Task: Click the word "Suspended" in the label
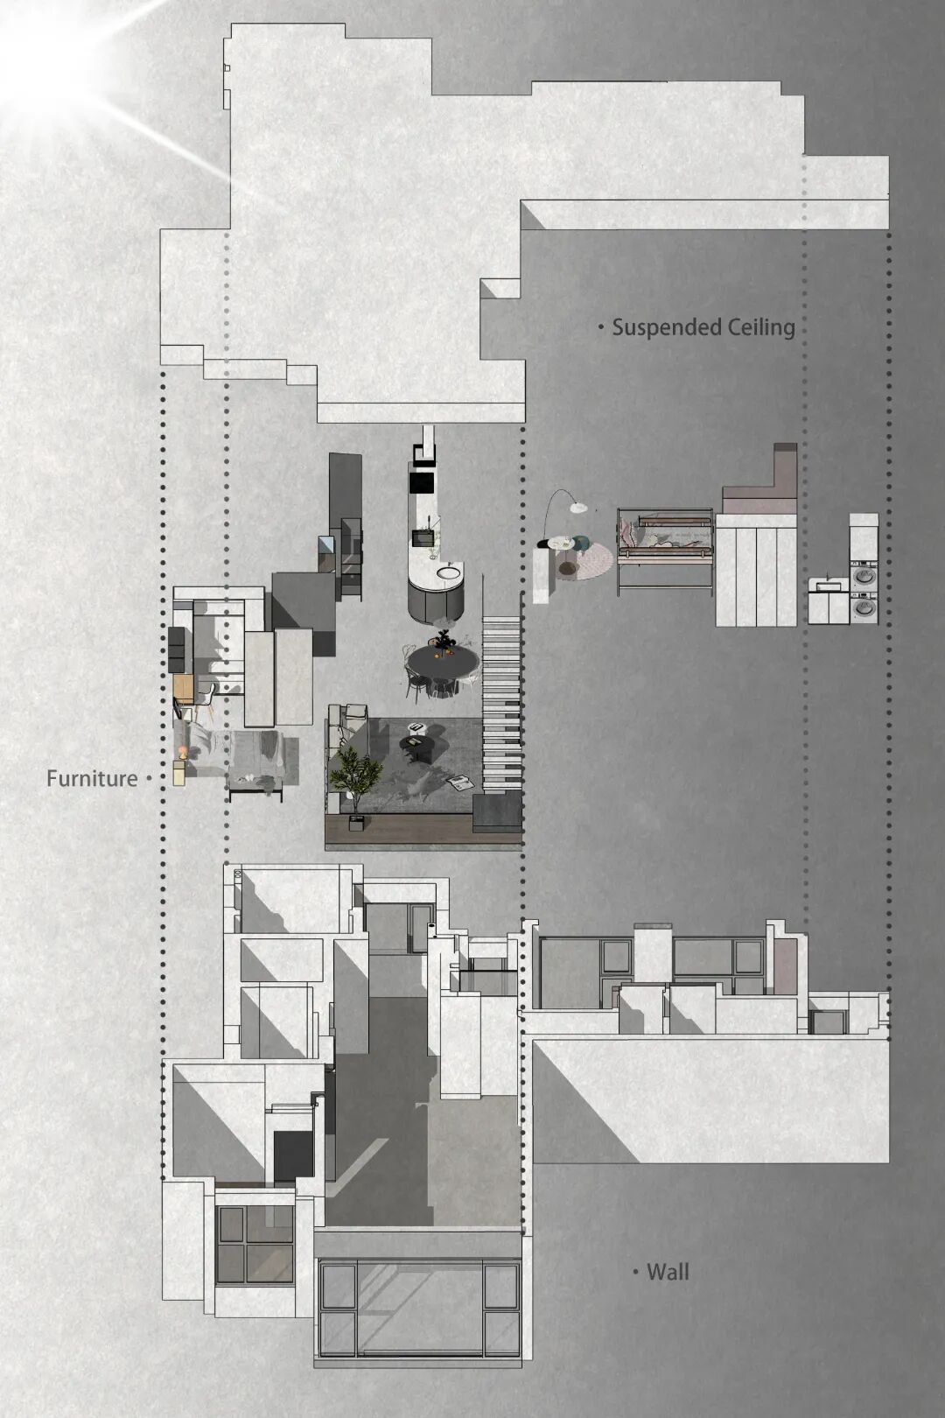pos(658,328)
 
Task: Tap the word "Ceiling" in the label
pos(752,327)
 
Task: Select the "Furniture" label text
pos(92,778)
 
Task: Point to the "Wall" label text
pos(668,1272)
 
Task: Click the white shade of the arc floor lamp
pos(577,507)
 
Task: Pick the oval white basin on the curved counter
pos(448,573)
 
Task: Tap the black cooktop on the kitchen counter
pos(422,482)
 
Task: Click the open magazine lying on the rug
pos(461,783)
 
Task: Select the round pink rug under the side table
pos(584,559)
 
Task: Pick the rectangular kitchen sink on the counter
pos(422,538)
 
